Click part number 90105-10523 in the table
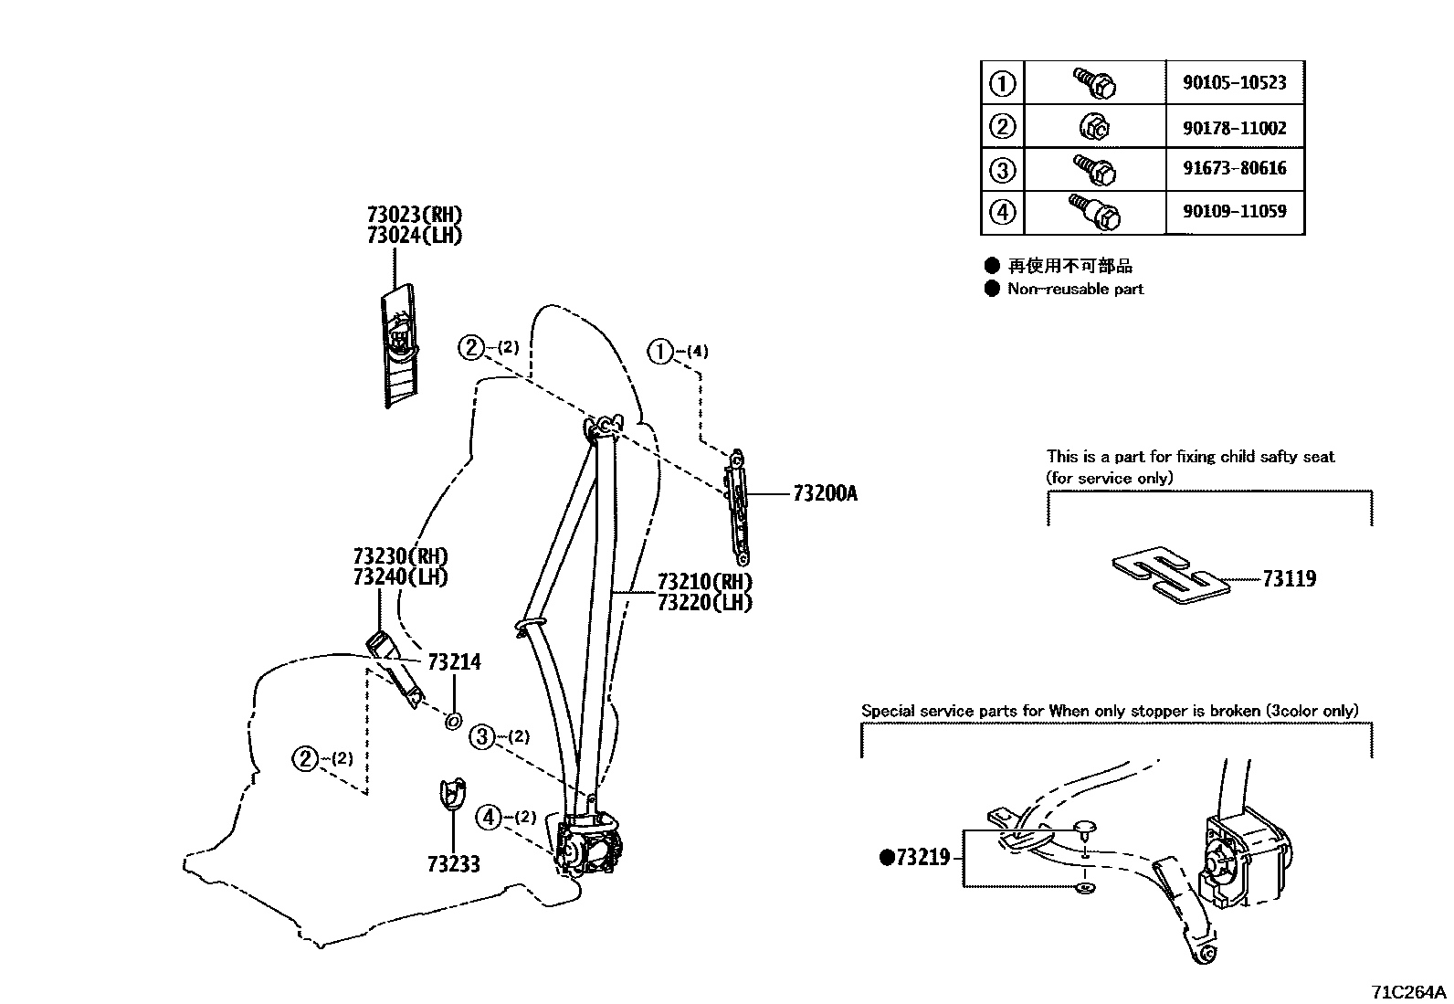tap(1234, 83)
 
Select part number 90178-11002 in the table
tap(1234, 128)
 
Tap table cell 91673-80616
tap(1234, 169)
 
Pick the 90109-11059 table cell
tap(1234, 212)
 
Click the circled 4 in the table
tap(1002, 213)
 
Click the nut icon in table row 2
tap(1094, 127)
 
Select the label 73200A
tap(825, 494)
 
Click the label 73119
tap(1289, 579)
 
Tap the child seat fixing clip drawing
tap(1171, 578)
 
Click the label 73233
tap(453, 864)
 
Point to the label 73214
tap(454, 662)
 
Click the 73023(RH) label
tap(415, 216)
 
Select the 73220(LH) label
tap(704, 603)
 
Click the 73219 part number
tap(922, 858)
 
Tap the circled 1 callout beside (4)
tap(659, 351)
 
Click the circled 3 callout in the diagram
tap(482, 736)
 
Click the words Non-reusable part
tap(1075, 289)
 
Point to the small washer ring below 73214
tap(452, 722)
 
